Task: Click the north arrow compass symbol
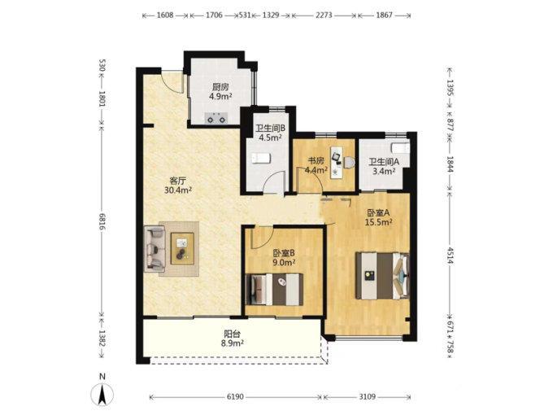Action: pos(102,394)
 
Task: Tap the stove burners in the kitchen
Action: pos(216,118)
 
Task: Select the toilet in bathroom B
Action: pos(261,158)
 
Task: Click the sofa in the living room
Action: pos(155,249)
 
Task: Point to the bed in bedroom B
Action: pos(274,290)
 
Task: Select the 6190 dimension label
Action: pos(235,397)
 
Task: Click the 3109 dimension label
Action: pos(367,397)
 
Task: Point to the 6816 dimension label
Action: pos(102,222)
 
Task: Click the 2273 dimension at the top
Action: pos(324,15)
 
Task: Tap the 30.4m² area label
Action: pos(178,190)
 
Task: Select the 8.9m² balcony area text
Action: pos(234,343)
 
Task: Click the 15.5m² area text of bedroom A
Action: pos(379,222)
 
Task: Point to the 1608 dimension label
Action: pos(165,15)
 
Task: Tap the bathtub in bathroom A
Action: pos(401,148)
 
